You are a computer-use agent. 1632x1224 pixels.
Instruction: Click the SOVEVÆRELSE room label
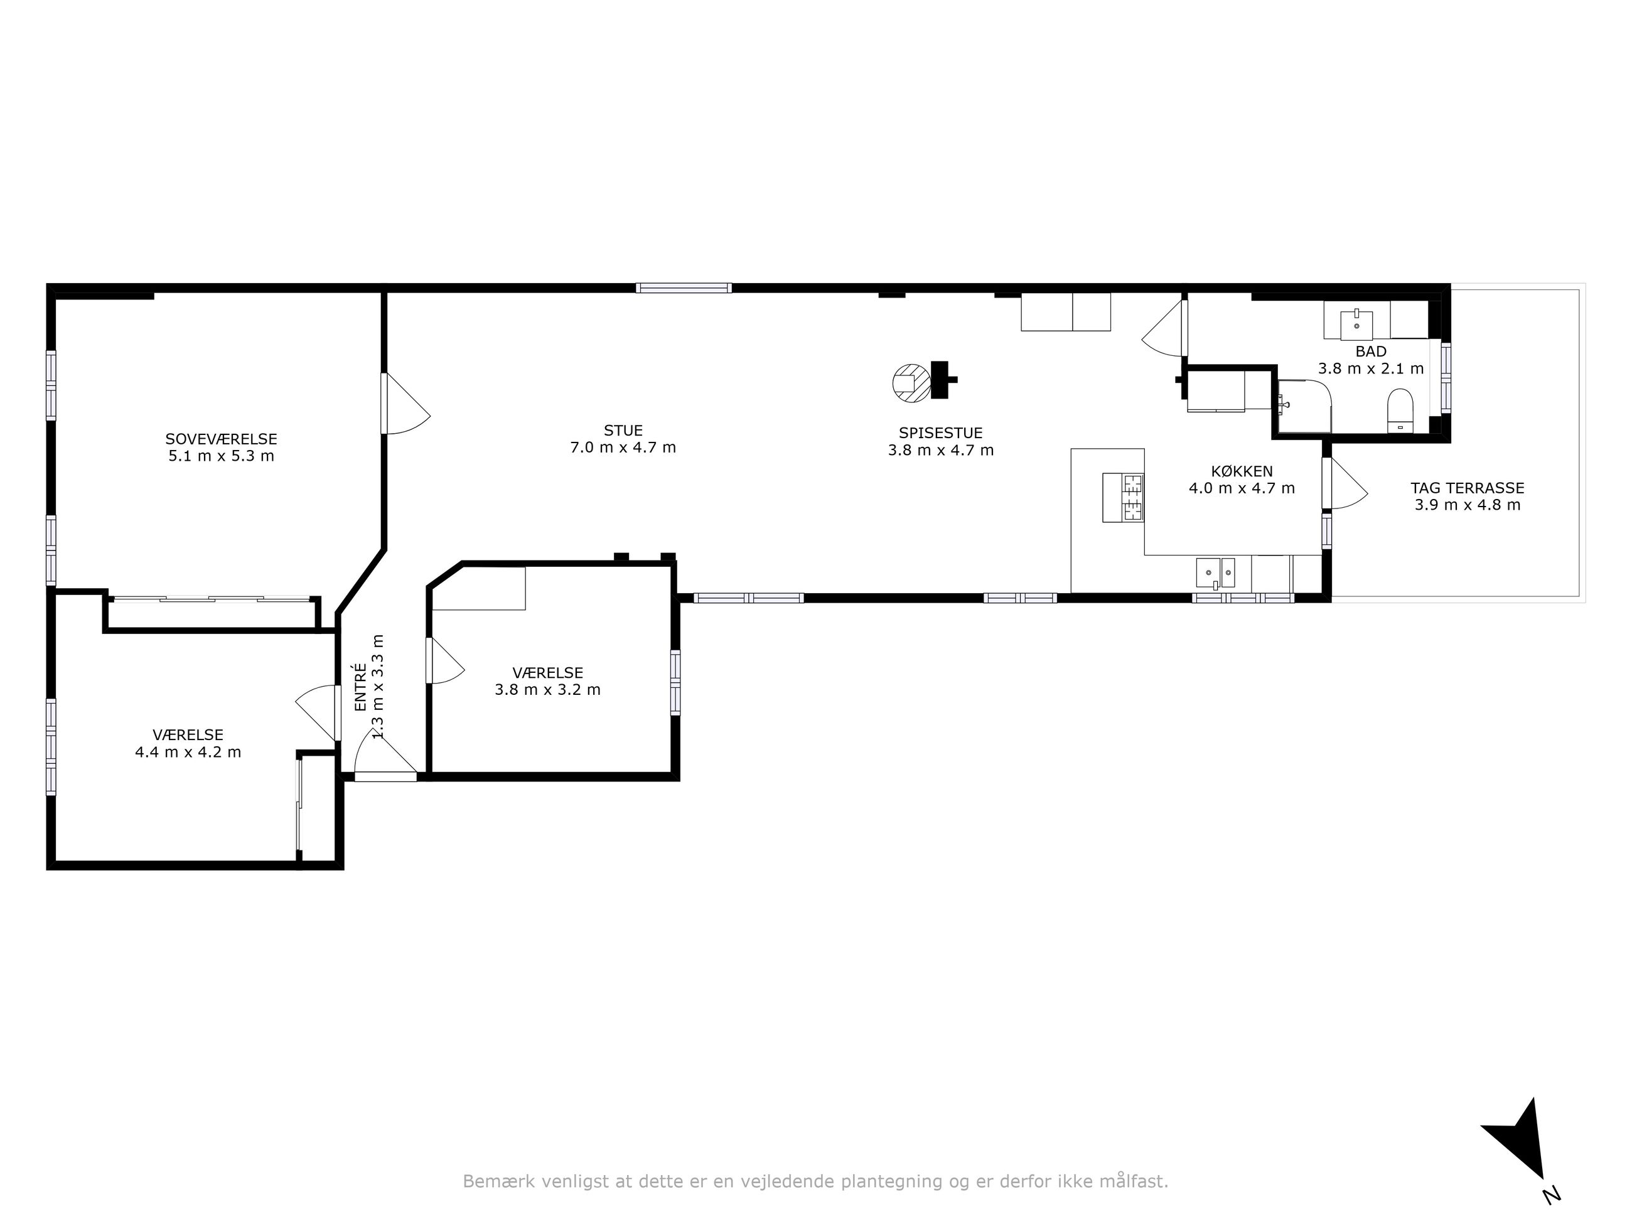coord(222,440)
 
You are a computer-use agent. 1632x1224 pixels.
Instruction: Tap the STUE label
coord(623,430)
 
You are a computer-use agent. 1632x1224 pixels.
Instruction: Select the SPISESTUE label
coord(941,433)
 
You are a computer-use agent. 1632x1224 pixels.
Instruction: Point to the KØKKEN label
coord(1242,471)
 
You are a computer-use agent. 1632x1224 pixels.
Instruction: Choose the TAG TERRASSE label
coord(1468,488)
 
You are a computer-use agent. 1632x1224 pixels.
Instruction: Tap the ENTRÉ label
coord(361,687)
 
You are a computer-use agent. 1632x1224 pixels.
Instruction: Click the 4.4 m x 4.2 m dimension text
coord(188,753)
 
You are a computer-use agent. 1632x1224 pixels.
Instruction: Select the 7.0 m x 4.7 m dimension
coord(623,448)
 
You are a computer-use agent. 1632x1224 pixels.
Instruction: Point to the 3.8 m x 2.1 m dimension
coord(1371,368)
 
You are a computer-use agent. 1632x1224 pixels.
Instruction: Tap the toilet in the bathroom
coord(1400,411)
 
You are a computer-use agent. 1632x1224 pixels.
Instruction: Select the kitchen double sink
coord(1216,572)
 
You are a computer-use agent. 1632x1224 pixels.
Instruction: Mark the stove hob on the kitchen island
coord(1132,498)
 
